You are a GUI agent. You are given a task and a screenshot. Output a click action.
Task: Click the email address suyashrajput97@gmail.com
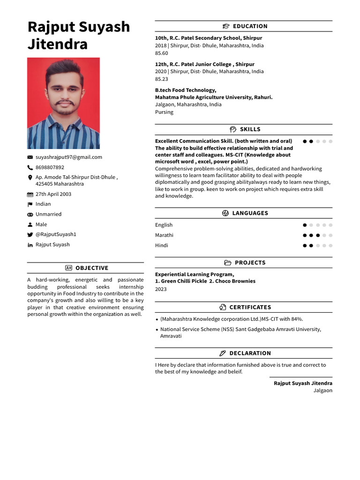tap(68, 157)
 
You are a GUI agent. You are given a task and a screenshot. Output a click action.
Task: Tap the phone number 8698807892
tap(50, 167)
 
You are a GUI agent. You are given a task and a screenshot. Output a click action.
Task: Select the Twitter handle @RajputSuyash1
tap(56, 234)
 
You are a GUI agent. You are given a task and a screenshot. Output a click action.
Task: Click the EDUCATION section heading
tap(250, 26)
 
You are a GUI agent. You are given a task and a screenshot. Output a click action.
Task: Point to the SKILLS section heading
tap(250, 129)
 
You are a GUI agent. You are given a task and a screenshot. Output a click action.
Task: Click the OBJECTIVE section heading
tap(91, 268)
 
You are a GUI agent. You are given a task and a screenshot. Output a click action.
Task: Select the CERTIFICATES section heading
tap(250, 307)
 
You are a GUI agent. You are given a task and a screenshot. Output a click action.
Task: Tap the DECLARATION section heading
tap(250, 353)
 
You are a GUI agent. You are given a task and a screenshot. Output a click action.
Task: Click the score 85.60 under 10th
tap(162, 53)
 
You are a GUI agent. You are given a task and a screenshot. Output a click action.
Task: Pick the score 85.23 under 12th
tap(162, 79)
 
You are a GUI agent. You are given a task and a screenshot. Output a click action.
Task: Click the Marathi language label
tap(164, 235)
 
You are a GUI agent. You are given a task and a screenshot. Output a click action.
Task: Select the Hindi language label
tap(162, 246)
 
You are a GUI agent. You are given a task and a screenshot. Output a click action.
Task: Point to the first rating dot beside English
tap(305, 225)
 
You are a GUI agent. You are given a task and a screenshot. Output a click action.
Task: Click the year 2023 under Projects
tap(161, 289)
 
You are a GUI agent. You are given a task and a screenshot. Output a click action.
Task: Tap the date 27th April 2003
tap(53, 194)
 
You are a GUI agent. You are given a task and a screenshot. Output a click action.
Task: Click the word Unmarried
tap(48, 214)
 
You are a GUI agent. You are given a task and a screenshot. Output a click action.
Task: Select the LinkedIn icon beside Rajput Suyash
tap(30, 245)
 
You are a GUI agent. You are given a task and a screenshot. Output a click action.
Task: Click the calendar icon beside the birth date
tap(30, 195)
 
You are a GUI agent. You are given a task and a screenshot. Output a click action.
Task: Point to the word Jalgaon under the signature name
tap(322, 390)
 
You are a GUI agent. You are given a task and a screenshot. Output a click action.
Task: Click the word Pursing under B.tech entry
tap(164, 112)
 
